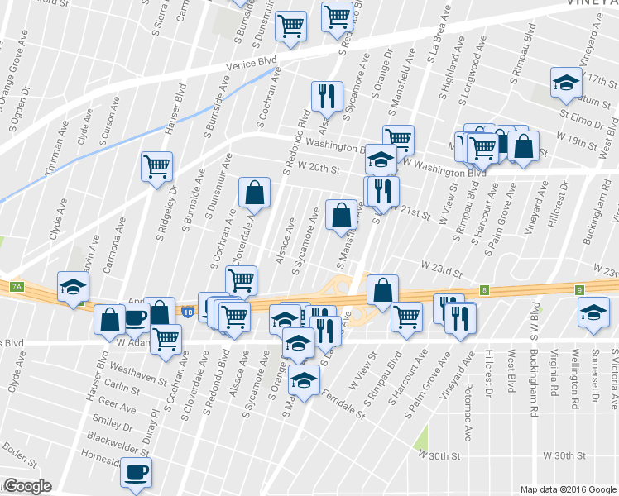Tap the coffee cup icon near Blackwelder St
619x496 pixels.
coord(136,474)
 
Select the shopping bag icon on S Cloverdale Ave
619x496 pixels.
coord(254,193)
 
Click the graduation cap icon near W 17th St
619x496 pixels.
coord(567,83)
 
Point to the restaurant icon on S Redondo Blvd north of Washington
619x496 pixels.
coord(327,96)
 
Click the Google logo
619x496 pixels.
coord(26,486)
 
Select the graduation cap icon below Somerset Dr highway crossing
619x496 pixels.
coord(592,315)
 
